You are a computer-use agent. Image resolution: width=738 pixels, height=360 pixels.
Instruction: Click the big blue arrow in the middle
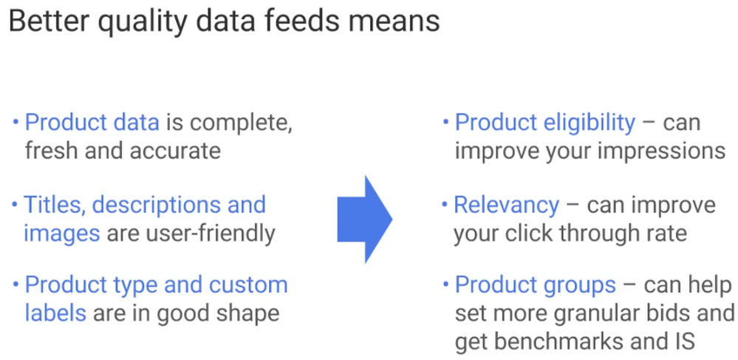pyautogui.click(x=364, y=219)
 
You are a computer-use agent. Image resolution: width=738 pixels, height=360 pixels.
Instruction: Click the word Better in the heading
pyautogui.click(x=49, y=21)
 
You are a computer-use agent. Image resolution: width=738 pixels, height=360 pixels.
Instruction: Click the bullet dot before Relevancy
pyautogui.click(x=444, y=204)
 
